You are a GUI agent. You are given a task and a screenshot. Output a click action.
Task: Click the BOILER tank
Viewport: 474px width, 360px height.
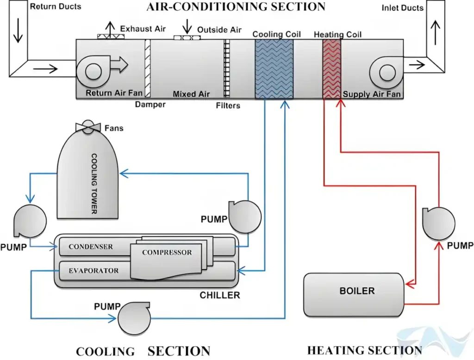354,295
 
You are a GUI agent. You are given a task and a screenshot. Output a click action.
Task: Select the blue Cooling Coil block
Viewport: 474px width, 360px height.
274,68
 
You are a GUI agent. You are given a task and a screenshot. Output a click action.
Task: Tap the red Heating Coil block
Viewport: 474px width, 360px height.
331,68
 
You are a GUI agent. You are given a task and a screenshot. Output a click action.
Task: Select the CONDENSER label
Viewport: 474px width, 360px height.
91,247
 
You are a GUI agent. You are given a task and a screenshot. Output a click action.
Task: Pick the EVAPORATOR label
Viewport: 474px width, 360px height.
94,271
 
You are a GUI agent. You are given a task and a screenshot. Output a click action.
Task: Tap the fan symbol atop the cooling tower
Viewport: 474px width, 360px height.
88,128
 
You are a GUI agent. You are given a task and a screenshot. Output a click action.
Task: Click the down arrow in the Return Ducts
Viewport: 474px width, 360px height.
18,32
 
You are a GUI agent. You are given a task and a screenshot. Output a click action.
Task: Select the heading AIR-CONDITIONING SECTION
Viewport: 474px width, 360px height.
236,7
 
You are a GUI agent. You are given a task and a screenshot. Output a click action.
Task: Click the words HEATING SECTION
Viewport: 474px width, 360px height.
364,350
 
